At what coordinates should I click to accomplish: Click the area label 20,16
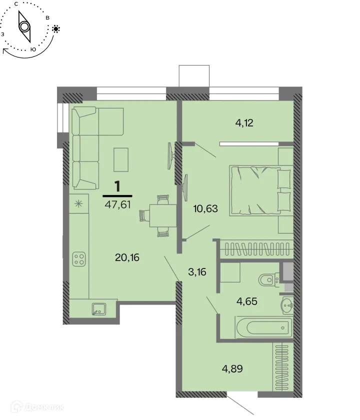point(126,257)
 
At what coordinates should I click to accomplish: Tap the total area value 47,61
point(117,203)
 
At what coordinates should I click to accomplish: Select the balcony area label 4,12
point(244,122)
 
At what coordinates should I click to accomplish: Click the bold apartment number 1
point(117,186)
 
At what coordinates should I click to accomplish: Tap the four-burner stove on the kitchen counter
point(79,258)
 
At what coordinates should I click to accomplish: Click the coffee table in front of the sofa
point(121,159)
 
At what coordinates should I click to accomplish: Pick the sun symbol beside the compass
point(56,29)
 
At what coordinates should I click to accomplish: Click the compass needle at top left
point(24,26)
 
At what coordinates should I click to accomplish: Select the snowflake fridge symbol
point(78,203)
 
